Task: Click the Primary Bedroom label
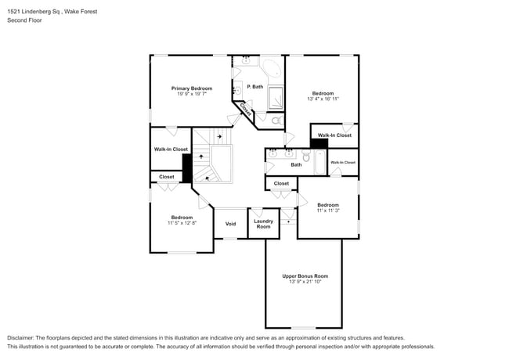pos(192,88)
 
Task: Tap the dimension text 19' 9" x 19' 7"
pos(192,95)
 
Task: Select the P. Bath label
pos(254,87)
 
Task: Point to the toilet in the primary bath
pos(275,121)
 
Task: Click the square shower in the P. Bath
pos(277,98)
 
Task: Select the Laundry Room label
pos(263,224)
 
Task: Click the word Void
pos(230,224)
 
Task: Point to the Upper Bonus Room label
pos(305,275)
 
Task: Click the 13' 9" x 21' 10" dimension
pos(305,282)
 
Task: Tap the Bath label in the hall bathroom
pos(296,165)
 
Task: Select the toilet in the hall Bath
pos(306,157)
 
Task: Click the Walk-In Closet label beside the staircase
pos(171,149)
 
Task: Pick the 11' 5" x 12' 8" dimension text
pos(182,223)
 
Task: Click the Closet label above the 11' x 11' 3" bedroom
pos(281,183)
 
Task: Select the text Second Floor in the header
pos(25,20)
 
